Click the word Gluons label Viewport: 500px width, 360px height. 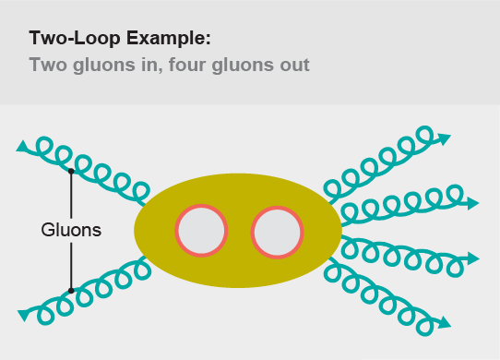pos(71,229)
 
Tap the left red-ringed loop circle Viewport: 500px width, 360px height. pos(202,231)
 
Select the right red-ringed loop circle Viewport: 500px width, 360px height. pos(278,231)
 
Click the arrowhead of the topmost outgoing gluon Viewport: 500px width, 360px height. pos(445,138)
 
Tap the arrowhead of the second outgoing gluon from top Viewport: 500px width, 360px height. pos(472,201)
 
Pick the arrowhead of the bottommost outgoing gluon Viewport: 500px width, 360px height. pos(445,323)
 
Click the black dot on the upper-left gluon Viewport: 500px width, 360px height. pos(71,171)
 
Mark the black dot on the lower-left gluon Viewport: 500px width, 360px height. pos(71,290)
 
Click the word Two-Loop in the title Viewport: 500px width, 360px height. pos(70,40)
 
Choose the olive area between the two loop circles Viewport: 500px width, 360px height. pos(240,231)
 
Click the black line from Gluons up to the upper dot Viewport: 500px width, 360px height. pos(71,196)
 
